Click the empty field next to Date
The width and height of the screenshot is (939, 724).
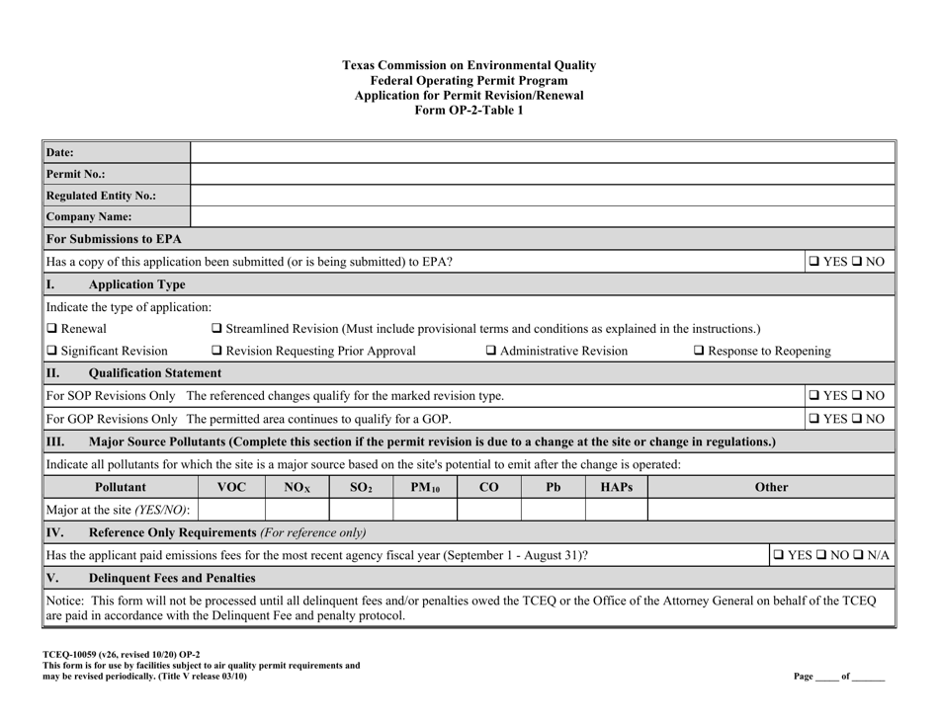click(x=542, y=152)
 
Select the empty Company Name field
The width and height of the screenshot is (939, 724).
click(x=542, y=215)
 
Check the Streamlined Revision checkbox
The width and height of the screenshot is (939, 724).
click(x=217, y=328)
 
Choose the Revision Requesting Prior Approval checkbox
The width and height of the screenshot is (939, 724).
click(x=217, y=351)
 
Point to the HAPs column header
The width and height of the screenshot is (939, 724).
click(x=616, y=487)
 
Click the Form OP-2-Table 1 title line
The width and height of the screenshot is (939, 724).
click(x=469, y=111)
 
